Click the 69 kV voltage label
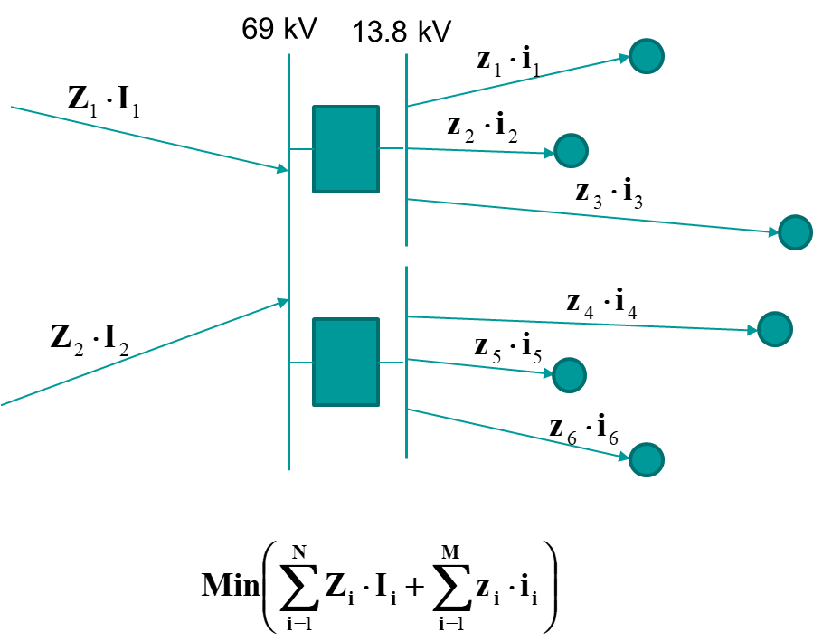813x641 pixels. coord(279,30)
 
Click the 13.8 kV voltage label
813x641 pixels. coord(401,33)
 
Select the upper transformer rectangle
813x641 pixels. coord(345,149)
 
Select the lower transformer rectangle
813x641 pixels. coord(345,362)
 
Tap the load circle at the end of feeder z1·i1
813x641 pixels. coord(647,56)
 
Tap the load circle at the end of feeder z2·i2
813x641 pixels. coord(571,150)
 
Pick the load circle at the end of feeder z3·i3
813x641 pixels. coord(795,232)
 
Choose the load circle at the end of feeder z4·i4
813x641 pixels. coord(775,329)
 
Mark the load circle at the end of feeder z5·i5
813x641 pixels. coord(570,373)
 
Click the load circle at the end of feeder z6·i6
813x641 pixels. coord(647,459)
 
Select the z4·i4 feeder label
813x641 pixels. coord(601,305)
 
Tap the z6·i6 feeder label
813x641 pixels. coord(584,429)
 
